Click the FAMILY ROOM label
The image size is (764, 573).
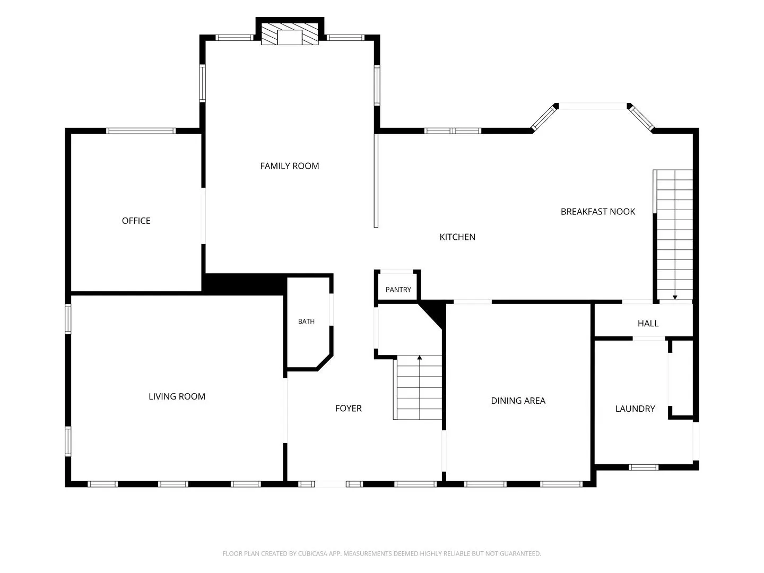289,166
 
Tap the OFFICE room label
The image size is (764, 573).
136,221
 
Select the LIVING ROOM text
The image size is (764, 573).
177,396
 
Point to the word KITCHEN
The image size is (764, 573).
457,237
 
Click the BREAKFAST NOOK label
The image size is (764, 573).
597,212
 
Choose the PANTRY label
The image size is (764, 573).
398,290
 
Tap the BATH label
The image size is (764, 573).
306,322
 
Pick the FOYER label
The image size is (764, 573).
349,408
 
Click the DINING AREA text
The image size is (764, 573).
518,401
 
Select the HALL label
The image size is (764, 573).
648,323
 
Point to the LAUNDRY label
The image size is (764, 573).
635,409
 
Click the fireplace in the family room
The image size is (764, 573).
290,34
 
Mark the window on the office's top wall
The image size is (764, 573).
141,131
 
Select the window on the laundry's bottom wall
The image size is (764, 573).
643,467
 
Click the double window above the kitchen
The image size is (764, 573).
453,131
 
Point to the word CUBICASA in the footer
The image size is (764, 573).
312,553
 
